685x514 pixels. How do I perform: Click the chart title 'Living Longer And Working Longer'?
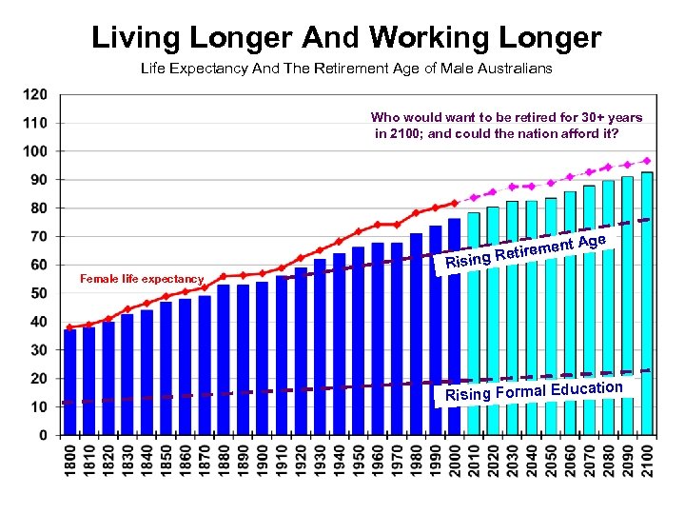[346, 38]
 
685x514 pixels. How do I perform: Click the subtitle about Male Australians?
[346, 69]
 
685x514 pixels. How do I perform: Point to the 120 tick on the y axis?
[34, 94]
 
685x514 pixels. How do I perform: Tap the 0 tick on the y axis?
[43, 435]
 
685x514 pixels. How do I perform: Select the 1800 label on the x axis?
[69, 462]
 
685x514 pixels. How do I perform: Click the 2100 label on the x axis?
[648, 462]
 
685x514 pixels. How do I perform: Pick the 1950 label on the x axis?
[359, 462]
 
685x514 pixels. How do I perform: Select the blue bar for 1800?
[69, 381]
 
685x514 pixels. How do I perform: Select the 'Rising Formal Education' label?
[533, 391]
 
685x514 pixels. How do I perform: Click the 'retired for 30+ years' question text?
[506, 126]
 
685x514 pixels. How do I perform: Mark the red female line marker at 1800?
[69, 326]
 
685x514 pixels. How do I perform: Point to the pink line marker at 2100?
[648, 161]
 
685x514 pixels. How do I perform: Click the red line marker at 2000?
[455, 203]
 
